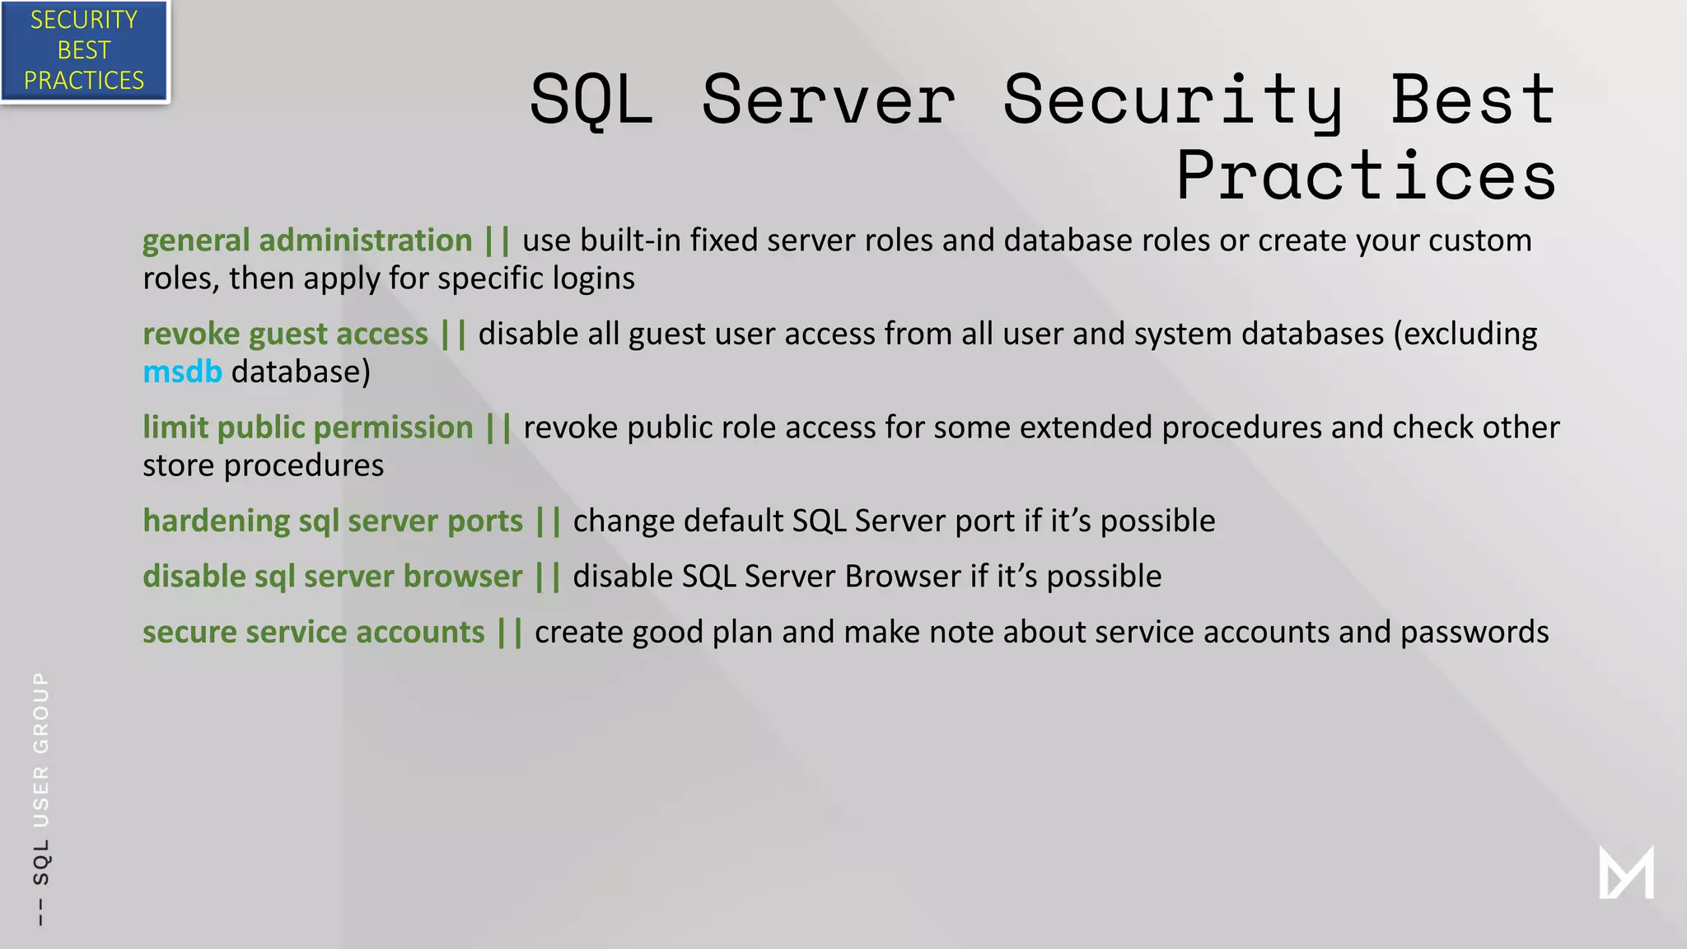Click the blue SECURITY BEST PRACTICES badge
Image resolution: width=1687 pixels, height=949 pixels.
84,50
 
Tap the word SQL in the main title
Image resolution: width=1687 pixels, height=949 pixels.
591,101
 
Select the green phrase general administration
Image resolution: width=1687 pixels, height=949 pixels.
307,241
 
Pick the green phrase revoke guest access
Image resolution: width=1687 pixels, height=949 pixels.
285,334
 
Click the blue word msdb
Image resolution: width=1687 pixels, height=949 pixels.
182,372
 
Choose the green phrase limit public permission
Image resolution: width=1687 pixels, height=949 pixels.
308,428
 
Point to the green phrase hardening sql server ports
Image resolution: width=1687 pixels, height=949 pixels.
333,521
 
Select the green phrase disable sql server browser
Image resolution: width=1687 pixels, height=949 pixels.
333,577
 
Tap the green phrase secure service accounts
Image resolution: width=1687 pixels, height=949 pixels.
314,632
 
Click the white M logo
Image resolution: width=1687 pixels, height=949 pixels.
1626,872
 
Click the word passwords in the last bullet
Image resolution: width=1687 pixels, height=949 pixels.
1474,632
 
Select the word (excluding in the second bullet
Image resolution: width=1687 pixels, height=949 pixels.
1465,334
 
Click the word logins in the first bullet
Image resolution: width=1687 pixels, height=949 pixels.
593,278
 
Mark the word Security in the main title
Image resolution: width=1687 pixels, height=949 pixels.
1173,101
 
